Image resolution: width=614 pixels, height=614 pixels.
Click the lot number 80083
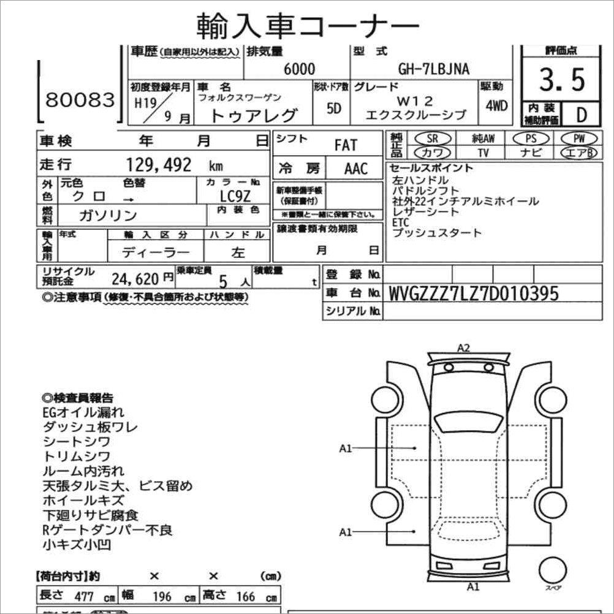pos(80,99)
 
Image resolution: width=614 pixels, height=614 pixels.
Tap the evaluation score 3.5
pos(562,80)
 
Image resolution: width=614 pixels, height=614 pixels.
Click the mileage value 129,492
pos(157,165)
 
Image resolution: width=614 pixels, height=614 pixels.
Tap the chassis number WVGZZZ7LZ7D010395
pos(474,294)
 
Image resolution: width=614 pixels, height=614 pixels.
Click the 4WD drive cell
pos(496,105)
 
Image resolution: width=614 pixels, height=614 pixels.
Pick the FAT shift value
pos(345,146)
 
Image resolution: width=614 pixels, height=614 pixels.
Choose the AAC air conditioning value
pos(356,169)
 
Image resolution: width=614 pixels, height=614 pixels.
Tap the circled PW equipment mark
pos(577,139)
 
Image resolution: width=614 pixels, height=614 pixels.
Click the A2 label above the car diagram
pos(464,348)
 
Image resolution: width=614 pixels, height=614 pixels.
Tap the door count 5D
pos(334,108)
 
